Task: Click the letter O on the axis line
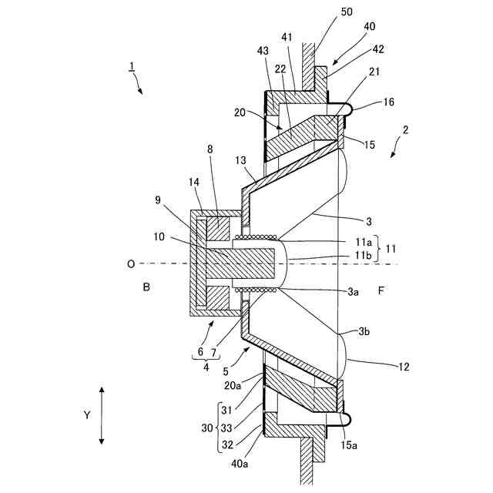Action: (x=132, y=264)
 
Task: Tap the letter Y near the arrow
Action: (x=87, y=415)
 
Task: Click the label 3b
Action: (x=364, y=331)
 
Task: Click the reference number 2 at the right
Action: (x=405, y=130)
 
